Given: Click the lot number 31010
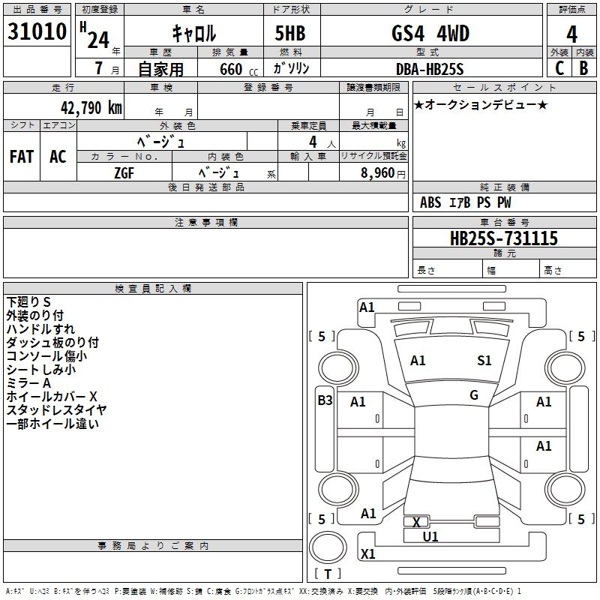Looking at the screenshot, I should (37, 32).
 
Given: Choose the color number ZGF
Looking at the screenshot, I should (124, 172).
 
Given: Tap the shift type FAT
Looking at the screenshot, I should (21, 157).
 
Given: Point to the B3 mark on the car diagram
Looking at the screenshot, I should (325, 400).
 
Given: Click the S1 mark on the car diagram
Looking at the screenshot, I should (484, 361).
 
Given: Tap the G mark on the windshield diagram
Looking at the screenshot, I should (474, 395).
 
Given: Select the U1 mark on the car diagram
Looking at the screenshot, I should (430, 536).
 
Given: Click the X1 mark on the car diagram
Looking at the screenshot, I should (367, 554).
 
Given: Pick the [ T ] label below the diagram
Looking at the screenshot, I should (327, 574).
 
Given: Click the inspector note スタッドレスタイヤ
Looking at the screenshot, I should (56, 409).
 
